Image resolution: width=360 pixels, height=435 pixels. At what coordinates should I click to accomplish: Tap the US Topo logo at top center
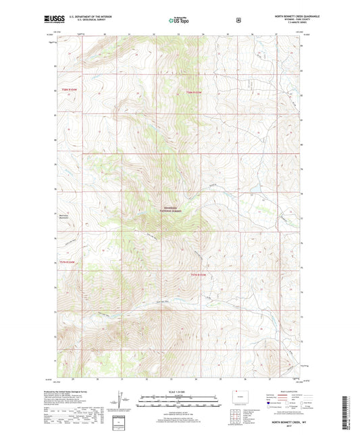[x=179, y=21]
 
